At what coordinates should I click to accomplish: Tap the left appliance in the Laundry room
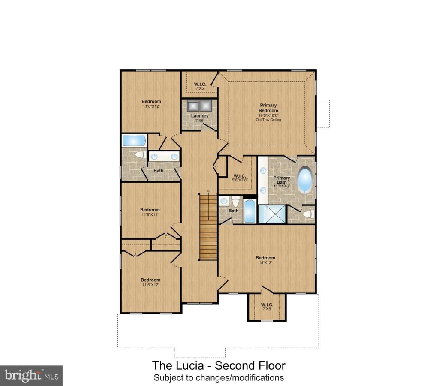pyautogui.click(x=192, y=106)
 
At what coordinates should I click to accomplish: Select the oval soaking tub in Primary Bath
pyautogui.click(x=305, y=180)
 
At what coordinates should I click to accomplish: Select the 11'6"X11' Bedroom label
pyautogui.click(x=150, y=212)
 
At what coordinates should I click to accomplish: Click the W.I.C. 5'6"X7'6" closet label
pyautogui.click(x=239, y=178)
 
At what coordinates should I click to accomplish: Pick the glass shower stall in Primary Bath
pyautogui.click(x=271, y=214)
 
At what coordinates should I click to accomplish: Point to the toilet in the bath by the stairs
pyautogui.click(x=235, y=201)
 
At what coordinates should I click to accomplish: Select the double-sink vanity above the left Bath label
pyautogui.click(x=163, y=157)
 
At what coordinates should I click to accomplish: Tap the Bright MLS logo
pyautogui.click(x=31, y=376)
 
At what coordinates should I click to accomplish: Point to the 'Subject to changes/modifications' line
pyautogui.click(x=219, y=378)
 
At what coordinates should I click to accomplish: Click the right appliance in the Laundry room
pyautogui.click(x=206, y=106)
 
